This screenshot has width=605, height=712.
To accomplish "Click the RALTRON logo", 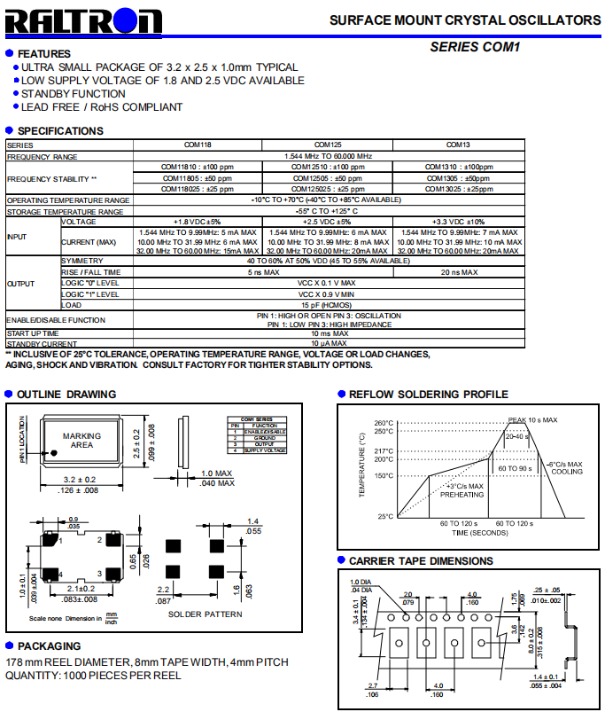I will tap(84, 22).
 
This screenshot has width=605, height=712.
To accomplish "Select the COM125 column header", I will tap(328, 145).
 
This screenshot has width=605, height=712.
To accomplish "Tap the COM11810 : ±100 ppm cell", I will tap(197, 167).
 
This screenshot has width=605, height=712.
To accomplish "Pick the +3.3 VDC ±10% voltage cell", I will tap(457, 222).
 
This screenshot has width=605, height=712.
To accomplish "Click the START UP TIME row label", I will tap(35, 333).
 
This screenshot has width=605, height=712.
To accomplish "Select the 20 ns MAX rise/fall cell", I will tap(457, 272).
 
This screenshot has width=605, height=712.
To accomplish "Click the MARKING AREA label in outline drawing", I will tap(82, 440).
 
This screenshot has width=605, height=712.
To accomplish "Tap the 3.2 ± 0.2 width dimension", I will tap(81, 479).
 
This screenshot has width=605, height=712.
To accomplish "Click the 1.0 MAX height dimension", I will tap(216, 473).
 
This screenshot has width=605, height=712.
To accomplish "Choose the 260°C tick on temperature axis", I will tap(383, 423).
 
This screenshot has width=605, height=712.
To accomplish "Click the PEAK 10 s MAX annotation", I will tap(531, 419).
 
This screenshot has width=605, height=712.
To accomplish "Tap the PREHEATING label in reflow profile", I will tap(462, 496).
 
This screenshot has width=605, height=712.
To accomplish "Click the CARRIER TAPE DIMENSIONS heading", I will tap(421, 560).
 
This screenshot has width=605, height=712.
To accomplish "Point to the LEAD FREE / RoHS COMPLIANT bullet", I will tap(102, 107).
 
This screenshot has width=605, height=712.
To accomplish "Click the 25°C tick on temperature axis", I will tap(385, 516).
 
